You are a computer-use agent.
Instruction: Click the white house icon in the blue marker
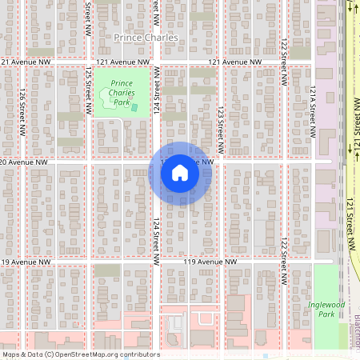tap(180, 173)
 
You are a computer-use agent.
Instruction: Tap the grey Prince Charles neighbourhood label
tap(146, 38)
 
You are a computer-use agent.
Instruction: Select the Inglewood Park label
tap(326, 309)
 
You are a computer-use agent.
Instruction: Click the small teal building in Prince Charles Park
tap(134, 107)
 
